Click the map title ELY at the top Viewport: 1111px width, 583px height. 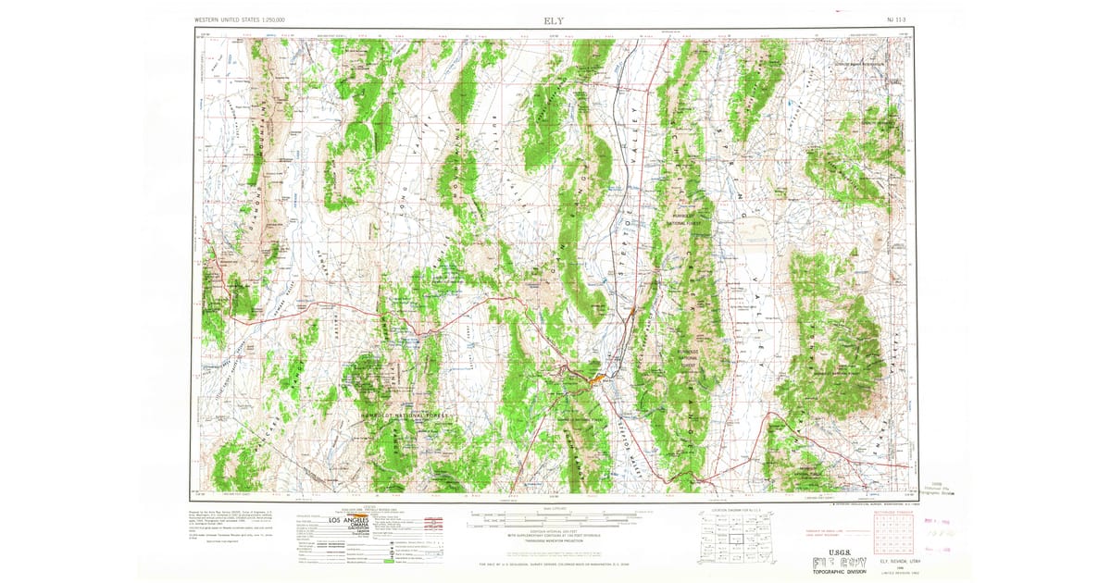[x=555, y=19]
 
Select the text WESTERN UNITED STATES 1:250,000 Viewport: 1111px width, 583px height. [x=240, y=19]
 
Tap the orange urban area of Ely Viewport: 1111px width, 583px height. [x=594, y=376]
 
